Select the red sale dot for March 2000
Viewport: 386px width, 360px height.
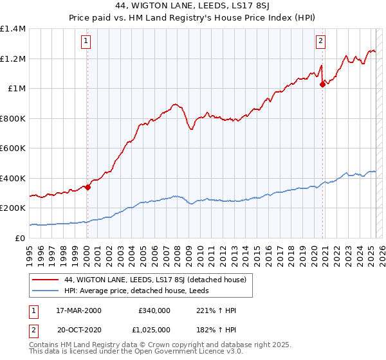(x=87, y=188)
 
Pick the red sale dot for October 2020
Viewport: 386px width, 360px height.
(x=323, y=85)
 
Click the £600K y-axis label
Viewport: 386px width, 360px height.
(x=13, y=148)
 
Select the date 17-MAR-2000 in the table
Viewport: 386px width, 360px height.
(x=79, y=310)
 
